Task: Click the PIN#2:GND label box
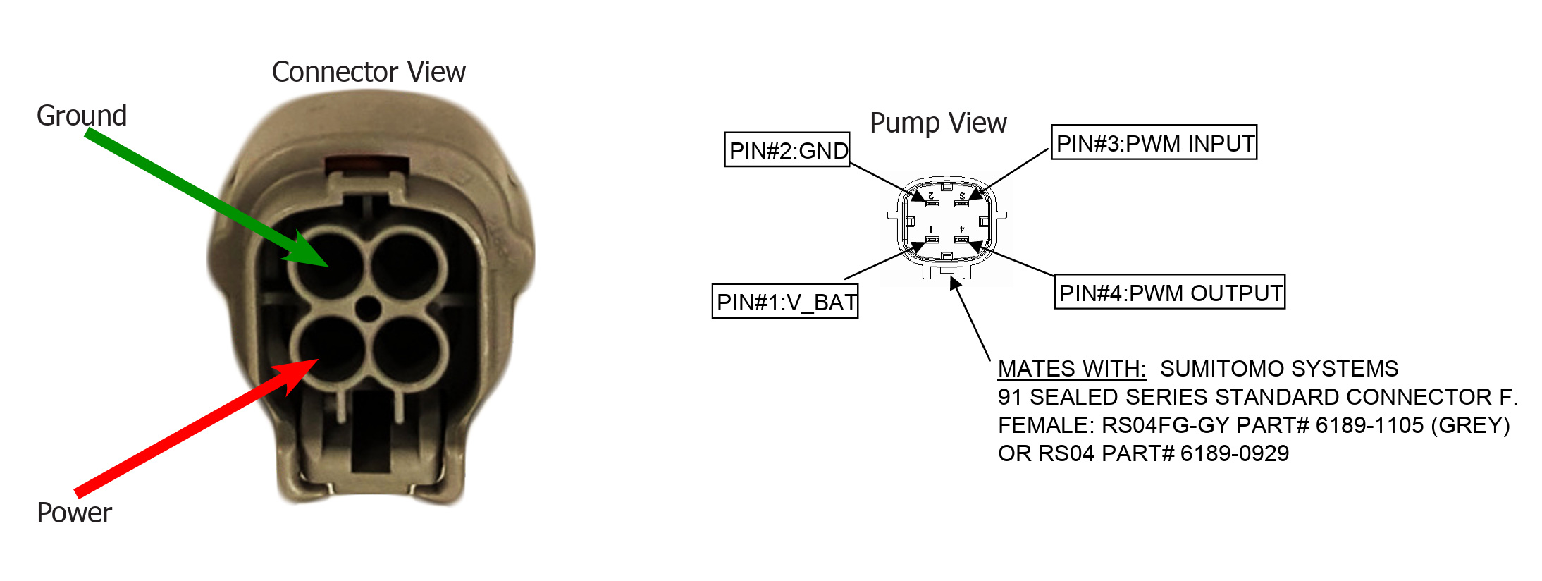[x=787, y=149]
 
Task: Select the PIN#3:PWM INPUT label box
[x=1154, y=143]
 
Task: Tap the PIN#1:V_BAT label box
[x=785, y=302]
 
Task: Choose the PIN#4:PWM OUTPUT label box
[x=1169, y=292]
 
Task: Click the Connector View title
[x=369, y=72]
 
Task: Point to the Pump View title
[x=938, y=123]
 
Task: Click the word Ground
[x=82, y=116]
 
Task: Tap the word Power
[x=74, y=513]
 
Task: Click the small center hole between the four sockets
[x=368, y=308]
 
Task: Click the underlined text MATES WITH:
[x=1071, y=369]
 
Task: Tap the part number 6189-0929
[x=1235, y=453]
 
